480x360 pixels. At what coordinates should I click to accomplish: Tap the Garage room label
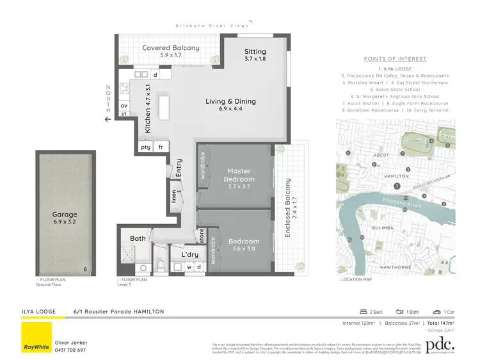tap(65, 215)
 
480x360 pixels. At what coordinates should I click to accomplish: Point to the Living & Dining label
tap(230, 101)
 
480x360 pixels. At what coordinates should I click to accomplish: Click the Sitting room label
tap(255, 52)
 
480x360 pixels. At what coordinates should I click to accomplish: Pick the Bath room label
tap(138, 238)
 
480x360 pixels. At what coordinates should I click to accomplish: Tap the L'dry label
tap(190, 254)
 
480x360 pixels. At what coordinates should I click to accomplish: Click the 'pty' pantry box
tap(145, 147)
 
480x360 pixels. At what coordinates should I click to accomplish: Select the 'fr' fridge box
tap(161, 147)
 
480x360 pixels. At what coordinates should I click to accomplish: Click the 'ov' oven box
tap(124, 106)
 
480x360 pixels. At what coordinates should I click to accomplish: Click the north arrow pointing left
tap(108, 118)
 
